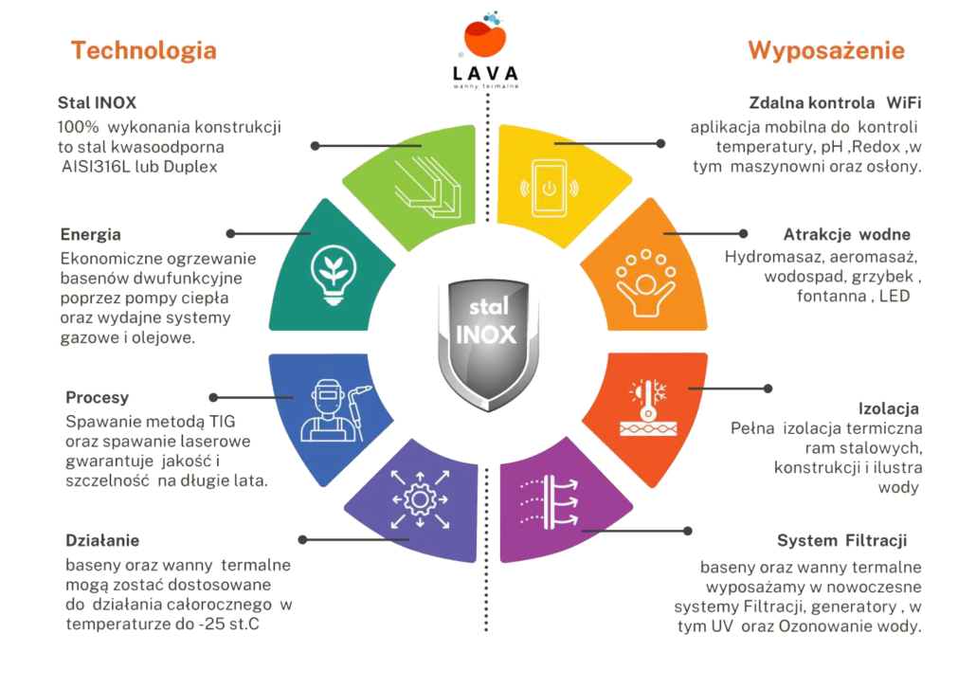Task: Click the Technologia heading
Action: point(143,50)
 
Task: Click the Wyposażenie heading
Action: point(826,50)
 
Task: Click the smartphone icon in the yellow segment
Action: point(547,189)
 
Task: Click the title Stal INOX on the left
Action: point(97,101)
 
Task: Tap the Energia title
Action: point(89,234)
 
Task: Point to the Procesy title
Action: point(98,397)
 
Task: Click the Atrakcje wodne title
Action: point(847,233)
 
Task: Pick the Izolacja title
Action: point(889,408)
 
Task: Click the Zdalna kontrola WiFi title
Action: point(835,101)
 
